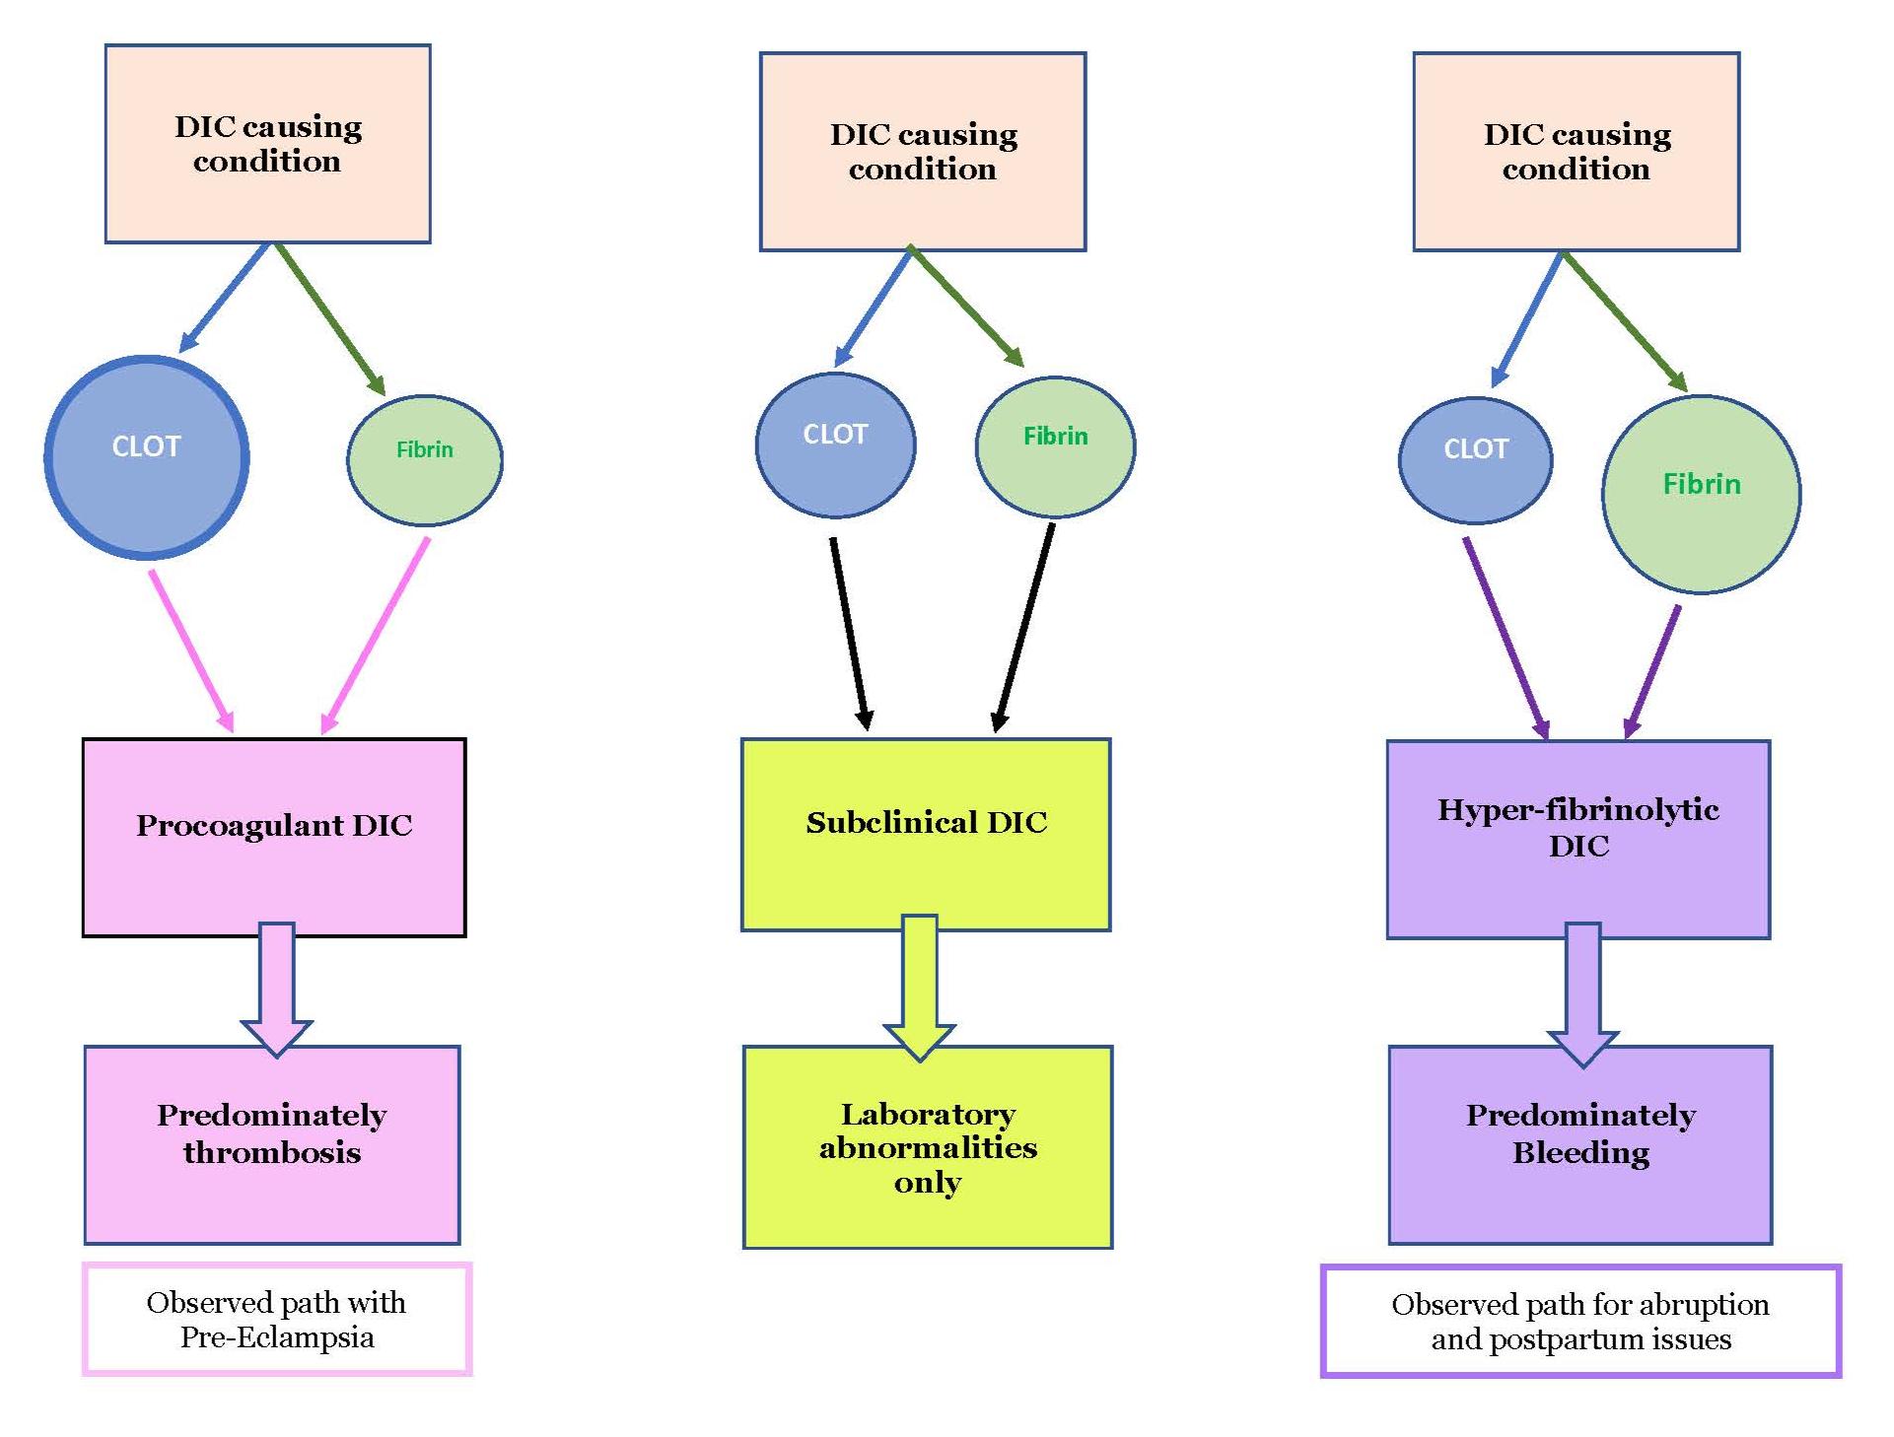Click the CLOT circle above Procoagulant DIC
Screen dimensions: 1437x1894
click(147, 458)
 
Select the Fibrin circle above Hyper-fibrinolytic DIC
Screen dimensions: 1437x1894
click(1701, 494)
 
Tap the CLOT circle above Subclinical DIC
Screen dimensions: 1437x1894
click(835, 445)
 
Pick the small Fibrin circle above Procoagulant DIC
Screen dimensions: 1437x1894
click(425, 459)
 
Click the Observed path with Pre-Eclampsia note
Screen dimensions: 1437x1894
click(277, 1319)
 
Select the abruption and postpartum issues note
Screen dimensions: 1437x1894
click(1580, 1322)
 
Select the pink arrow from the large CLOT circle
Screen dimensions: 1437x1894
click(191, 650)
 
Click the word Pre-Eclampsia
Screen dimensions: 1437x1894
click(277, 1337)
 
